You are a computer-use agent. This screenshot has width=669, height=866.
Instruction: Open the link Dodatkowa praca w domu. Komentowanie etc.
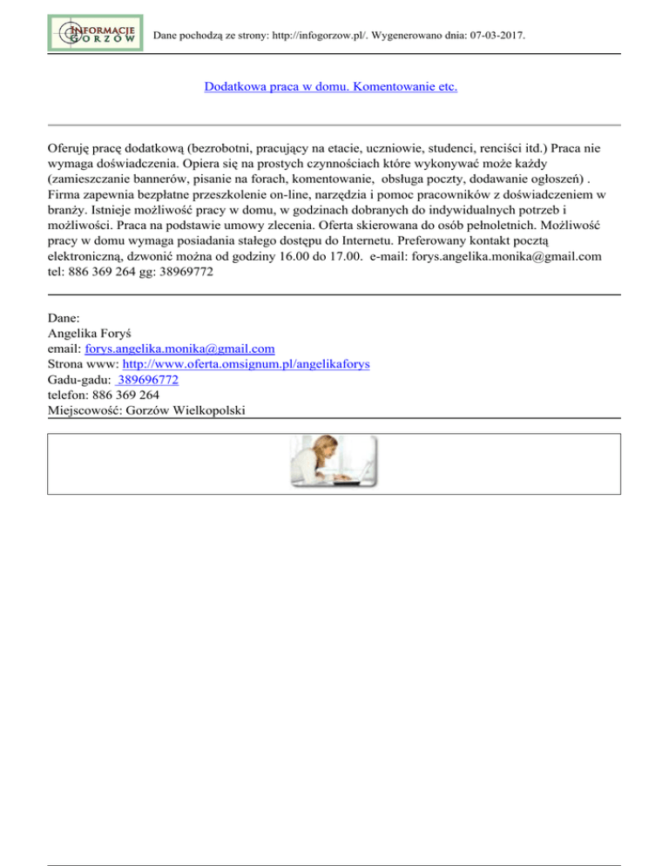click(330, 87)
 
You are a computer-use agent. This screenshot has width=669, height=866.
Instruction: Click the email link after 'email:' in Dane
click(180, 348)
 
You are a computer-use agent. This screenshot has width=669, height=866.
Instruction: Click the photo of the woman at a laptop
click(334, 463)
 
